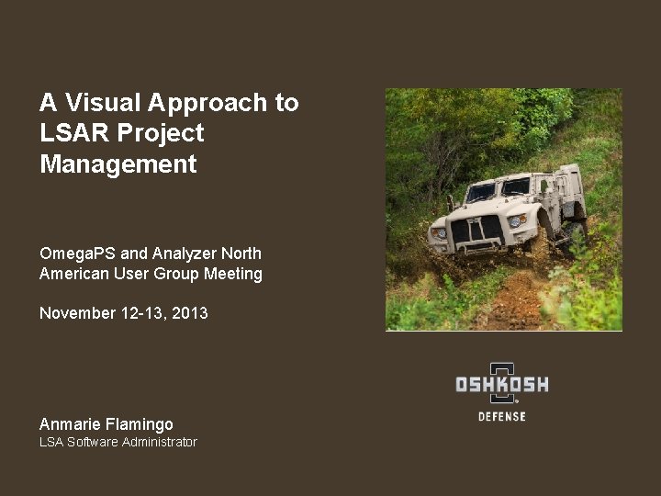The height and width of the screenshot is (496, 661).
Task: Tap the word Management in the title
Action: (x=118, y=164)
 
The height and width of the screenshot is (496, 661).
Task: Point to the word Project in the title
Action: (x=160, y=133)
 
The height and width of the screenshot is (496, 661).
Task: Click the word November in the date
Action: (x=77, y=313)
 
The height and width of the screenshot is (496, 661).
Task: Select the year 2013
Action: (x=190, y=313)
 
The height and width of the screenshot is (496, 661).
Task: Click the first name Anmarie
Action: (x=71, y=424)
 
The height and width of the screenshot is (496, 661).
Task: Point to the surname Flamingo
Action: (x=140, y=424)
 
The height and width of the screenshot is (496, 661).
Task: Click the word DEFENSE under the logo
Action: (x=502, y=417)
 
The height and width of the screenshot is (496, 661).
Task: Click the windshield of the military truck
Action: (x=497, y=189)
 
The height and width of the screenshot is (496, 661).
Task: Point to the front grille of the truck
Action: (x=476, y=229)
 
